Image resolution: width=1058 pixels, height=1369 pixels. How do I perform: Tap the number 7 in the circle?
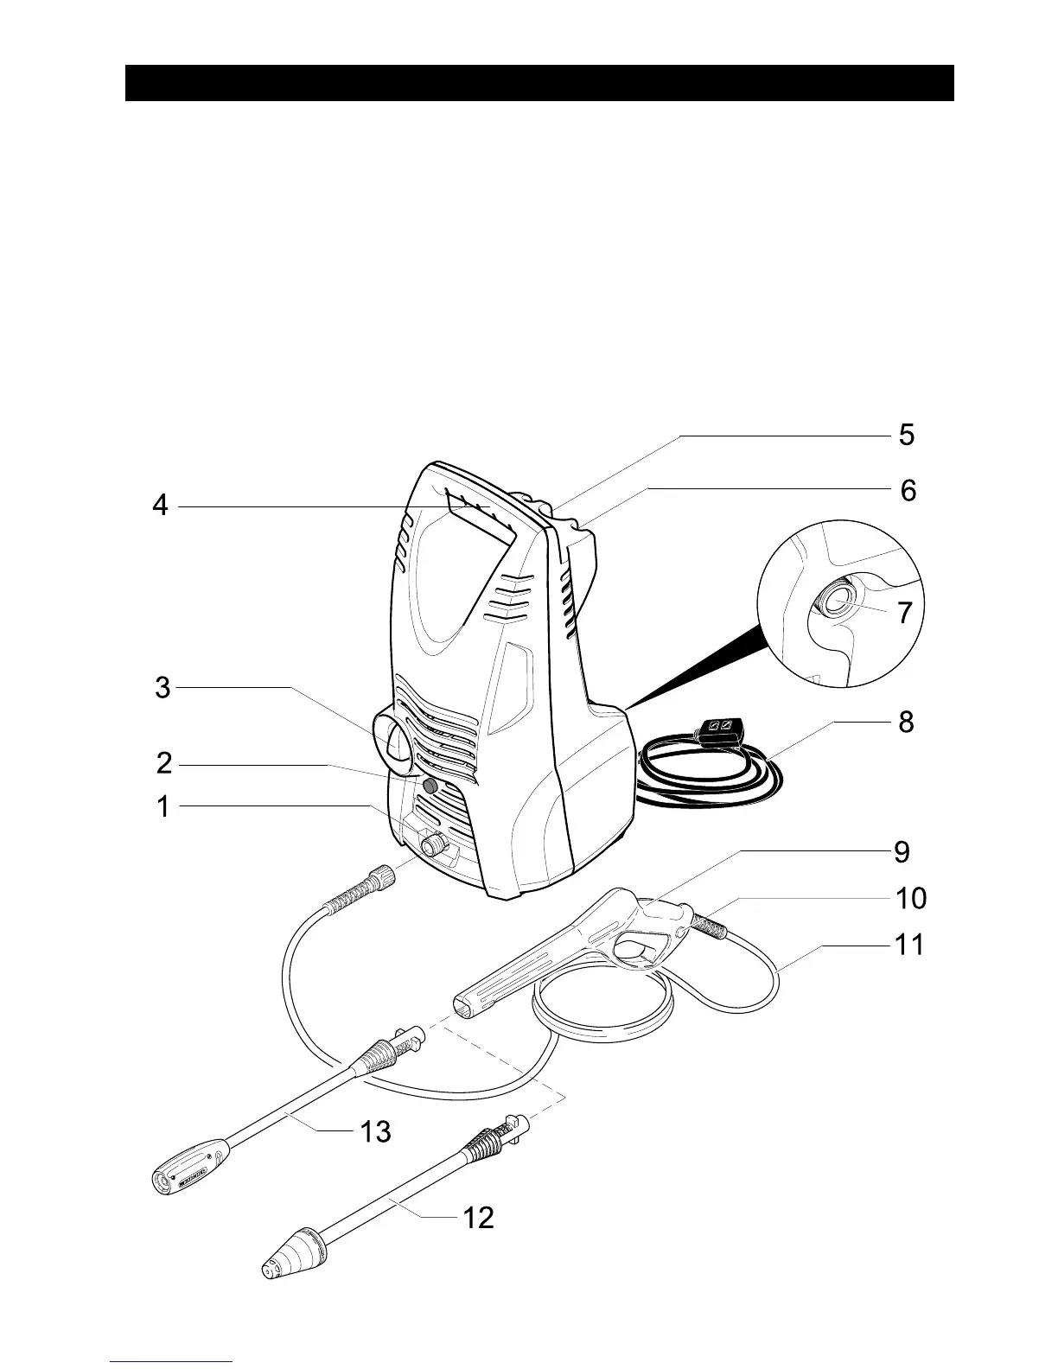(x=904, y=613)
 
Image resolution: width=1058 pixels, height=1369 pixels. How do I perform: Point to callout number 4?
(x=160, y=505)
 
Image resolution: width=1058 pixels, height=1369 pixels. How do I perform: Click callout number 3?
(x=163, y=689)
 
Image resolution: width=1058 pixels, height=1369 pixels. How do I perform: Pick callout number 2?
(x=164, y=764)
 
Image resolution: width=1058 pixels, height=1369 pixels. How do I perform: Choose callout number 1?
(x=163, y=807)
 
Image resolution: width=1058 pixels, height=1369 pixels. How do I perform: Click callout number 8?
(x=905, y=722)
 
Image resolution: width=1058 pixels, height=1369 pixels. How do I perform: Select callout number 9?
(x=902, y=852)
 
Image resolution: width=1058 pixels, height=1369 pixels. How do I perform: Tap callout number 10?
(x=911, y=898)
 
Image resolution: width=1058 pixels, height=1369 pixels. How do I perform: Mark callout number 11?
(x=909, y=945)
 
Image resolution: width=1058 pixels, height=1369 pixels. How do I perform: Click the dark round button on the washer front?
(x=430, y=785)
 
